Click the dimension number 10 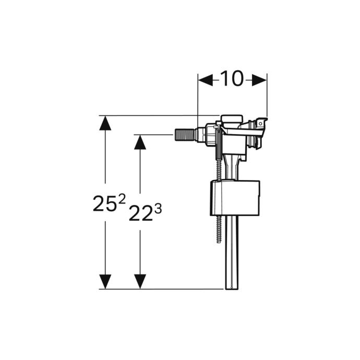[232, 78]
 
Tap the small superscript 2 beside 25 [122, 199]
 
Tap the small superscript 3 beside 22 [158, 209]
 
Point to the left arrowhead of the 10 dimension [206, 80]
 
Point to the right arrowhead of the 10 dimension [259, 80]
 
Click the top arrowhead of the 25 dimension [105, 123]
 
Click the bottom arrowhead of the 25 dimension [105, 282]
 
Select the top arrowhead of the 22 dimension [140, 142]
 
